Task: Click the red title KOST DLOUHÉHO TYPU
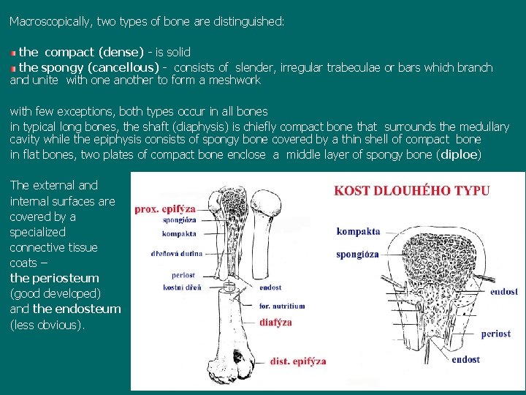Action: (412, 191)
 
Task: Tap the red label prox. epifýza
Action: (164, 208)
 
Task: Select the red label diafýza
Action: (275, 322)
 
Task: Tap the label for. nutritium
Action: (281, 306)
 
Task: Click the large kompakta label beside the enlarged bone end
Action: (358, 231)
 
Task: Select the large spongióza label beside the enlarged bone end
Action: (357, 255)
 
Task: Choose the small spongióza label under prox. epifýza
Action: (178, 219)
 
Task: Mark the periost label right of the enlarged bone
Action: (496, 334)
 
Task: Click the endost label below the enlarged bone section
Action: (465, 359)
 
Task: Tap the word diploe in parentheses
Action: (459, 154)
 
